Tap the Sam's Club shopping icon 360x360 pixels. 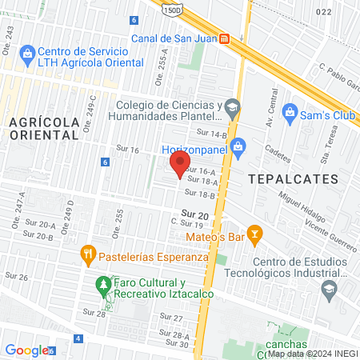[x=290, y=110]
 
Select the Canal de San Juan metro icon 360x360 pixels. [x=225, y=38]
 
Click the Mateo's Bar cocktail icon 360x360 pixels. [x=255, y=234]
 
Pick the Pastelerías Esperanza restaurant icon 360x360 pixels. [x=89, y=258]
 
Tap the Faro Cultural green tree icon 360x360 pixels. [x=102, y=284]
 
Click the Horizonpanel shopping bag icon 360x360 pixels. [x=237, y=146]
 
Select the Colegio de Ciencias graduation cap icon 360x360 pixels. [x=232, y=106]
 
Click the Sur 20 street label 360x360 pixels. [x=194, y=214]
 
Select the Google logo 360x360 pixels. [x=26, y=350]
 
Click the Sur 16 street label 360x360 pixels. [x=128, y=150]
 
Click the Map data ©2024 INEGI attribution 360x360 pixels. [x=311, y=353]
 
